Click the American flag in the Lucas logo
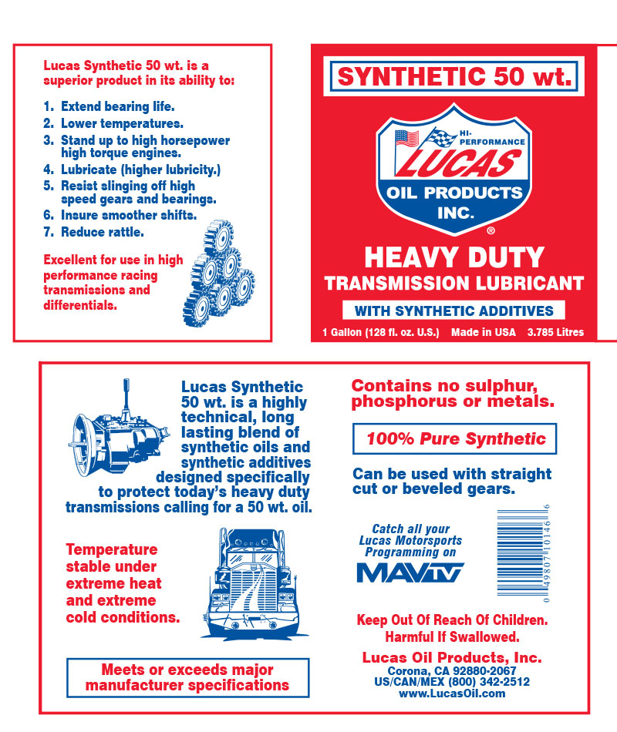coord(406,138)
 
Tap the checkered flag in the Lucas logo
coord(441,137)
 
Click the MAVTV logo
coord(410,573)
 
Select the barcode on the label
coord(523,553)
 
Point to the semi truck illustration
coord(255,583)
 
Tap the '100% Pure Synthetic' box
coord(454,439)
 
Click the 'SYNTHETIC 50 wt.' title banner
coord(453,76)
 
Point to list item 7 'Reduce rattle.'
coord(93,232)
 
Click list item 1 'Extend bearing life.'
coord(109,106)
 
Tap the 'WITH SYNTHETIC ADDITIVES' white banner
coord(453,311)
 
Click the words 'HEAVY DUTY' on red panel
coord(454,257)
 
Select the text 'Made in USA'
coord(484,332)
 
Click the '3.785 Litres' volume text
coord(556,332)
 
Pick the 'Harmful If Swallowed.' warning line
coord(452,636)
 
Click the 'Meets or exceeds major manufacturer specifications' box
coord(188,678)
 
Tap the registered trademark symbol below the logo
coord(491,230)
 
